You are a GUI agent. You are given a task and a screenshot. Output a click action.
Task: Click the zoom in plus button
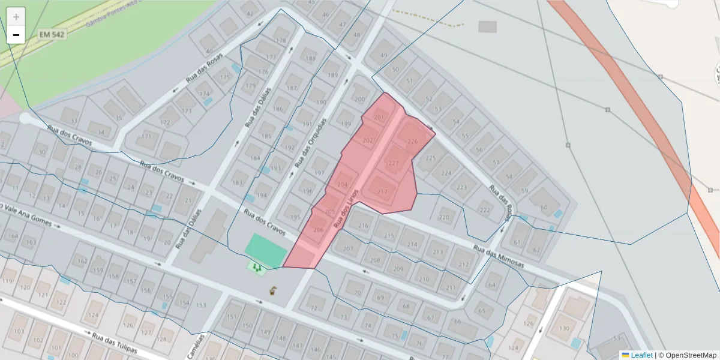16,17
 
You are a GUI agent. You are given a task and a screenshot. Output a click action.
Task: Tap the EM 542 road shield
51,35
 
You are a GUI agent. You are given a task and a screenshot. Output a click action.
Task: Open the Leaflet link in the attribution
641,355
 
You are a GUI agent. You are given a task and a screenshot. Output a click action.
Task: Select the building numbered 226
412,142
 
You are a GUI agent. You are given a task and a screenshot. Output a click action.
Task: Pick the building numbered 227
394,163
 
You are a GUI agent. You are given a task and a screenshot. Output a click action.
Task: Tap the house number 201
379,117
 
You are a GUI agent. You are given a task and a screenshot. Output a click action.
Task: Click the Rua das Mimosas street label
498,257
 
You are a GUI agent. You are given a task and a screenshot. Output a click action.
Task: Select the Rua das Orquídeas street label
310,142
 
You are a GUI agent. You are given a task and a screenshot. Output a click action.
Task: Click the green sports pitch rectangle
266,251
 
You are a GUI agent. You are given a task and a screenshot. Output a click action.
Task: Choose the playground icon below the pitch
257,268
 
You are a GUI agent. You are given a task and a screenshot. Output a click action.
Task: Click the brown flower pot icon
273,291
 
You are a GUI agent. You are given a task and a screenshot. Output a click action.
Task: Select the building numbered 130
563,328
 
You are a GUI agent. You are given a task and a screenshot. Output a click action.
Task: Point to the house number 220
443,217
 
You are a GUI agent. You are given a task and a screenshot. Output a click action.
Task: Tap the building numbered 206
318,230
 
